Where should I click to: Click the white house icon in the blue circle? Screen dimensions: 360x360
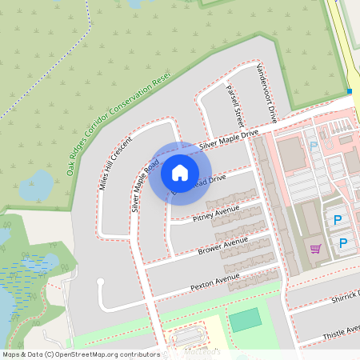pyautogui.click(x=180, y=172)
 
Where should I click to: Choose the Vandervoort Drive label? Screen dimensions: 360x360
pyautogui.click(x=266, y=93)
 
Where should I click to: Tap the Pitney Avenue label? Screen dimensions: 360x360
pyautogui.click(x=216, y=214)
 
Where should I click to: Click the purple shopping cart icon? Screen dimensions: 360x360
pyautogui.click(x=315, y=248)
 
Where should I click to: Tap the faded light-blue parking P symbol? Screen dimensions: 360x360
pyautogui.click(x=314, y=146)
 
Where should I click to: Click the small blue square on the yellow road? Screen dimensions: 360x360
pyautogui.click(x=350, y=92)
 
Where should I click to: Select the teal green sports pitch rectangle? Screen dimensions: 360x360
pyautogui.click(x=246, y=320)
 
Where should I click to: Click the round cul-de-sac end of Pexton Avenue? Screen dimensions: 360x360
pyautogui.click(x=102, y=282)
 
